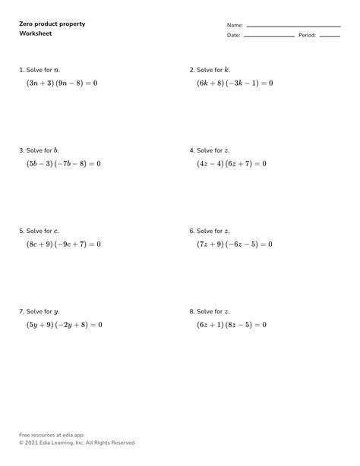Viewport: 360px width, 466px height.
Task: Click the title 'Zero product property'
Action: [52, 24]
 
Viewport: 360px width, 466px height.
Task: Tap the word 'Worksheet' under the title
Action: [36, 35]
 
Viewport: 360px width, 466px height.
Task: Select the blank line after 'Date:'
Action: [269, 36]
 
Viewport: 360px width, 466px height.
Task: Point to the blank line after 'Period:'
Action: [329, 36]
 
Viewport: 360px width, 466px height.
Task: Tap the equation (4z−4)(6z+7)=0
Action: [232, 163]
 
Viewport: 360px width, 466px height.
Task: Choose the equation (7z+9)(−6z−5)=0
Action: [235, 244]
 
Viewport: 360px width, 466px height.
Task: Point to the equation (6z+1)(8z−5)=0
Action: [232, 325]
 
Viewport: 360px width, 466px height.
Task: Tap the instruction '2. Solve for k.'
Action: [210, 70]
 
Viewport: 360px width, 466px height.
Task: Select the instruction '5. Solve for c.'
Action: [39, 231]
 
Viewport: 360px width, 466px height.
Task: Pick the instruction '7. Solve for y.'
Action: [39, 312]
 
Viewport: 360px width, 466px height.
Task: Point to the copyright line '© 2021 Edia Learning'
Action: [77, 442]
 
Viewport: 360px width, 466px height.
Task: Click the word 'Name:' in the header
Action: [235, 25]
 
